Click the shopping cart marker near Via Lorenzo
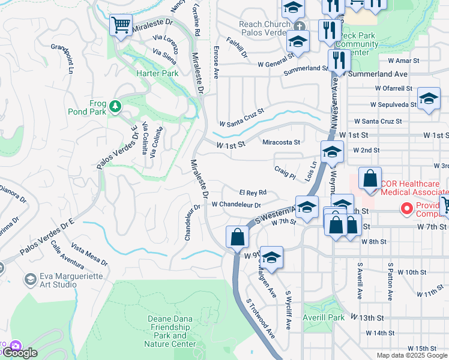tap(121, 26)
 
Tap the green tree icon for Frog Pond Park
tap(114, 107)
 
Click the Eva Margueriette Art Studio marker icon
tap(29, 280)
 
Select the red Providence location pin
tap(406, 209)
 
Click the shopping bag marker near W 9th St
tap(238, 236)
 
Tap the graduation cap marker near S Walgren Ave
tap(271, 257)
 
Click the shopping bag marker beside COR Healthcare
tap(370, 178)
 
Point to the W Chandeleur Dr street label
tap(238, 204)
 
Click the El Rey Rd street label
tap(253, 193)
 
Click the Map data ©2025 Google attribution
tap(411, 355)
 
